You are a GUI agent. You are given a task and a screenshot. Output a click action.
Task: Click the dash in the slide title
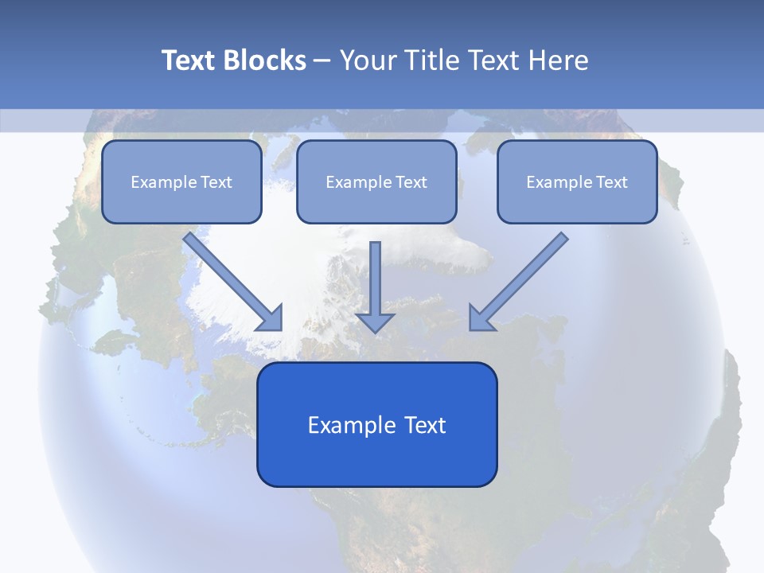pos(322,61)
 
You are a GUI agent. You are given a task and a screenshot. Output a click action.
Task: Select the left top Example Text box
pos(181,182)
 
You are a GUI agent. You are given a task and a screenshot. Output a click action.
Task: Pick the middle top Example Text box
pos(376,182)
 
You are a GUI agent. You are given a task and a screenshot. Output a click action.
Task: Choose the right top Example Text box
pos(577,182)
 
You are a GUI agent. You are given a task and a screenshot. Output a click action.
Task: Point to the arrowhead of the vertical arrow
pos(375,322)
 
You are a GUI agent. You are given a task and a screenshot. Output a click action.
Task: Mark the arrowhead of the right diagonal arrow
pos(480,319)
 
